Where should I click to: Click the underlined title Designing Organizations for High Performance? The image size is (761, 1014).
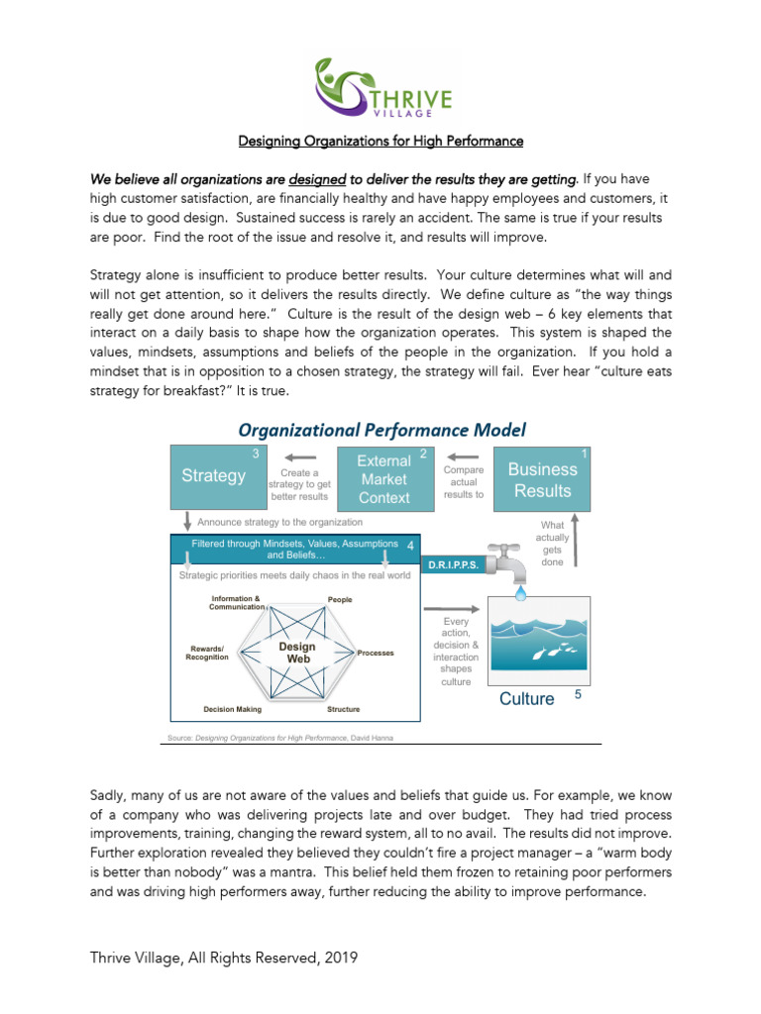380,142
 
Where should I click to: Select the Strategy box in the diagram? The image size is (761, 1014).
214,476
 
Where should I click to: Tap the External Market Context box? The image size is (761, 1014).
384,479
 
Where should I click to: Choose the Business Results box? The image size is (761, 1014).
542,479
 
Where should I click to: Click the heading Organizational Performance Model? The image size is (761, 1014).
380,430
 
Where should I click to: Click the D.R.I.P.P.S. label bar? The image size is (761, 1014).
454,564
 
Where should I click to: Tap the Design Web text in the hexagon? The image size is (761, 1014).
297,653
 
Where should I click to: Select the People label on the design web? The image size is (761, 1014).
340,600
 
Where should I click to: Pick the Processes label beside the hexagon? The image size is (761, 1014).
376,654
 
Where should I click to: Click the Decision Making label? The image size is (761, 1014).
233,709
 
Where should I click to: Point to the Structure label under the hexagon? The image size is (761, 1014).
344,709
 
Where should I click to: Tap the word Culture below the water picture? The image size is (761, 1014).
527,699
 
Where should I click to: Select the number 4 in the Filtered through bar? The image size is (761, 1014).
410,545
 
